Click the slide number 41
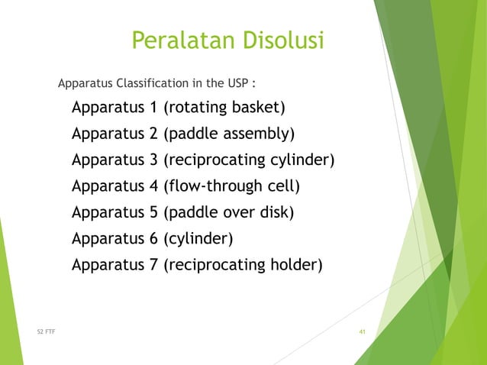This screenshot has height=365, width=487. [x=363, y=331]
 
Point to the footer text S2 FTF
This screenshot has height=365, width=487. [x=47, y=331]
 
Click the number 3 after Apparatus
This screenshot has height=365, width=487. [x=153, y=160]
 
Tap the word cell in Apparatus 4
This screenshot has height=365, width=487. [x=281, y=186]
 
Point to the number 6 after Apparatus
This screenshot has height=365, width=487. [x=153, y=239]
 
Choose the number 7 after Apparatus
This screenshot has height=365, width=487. [x=153, y=266]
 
